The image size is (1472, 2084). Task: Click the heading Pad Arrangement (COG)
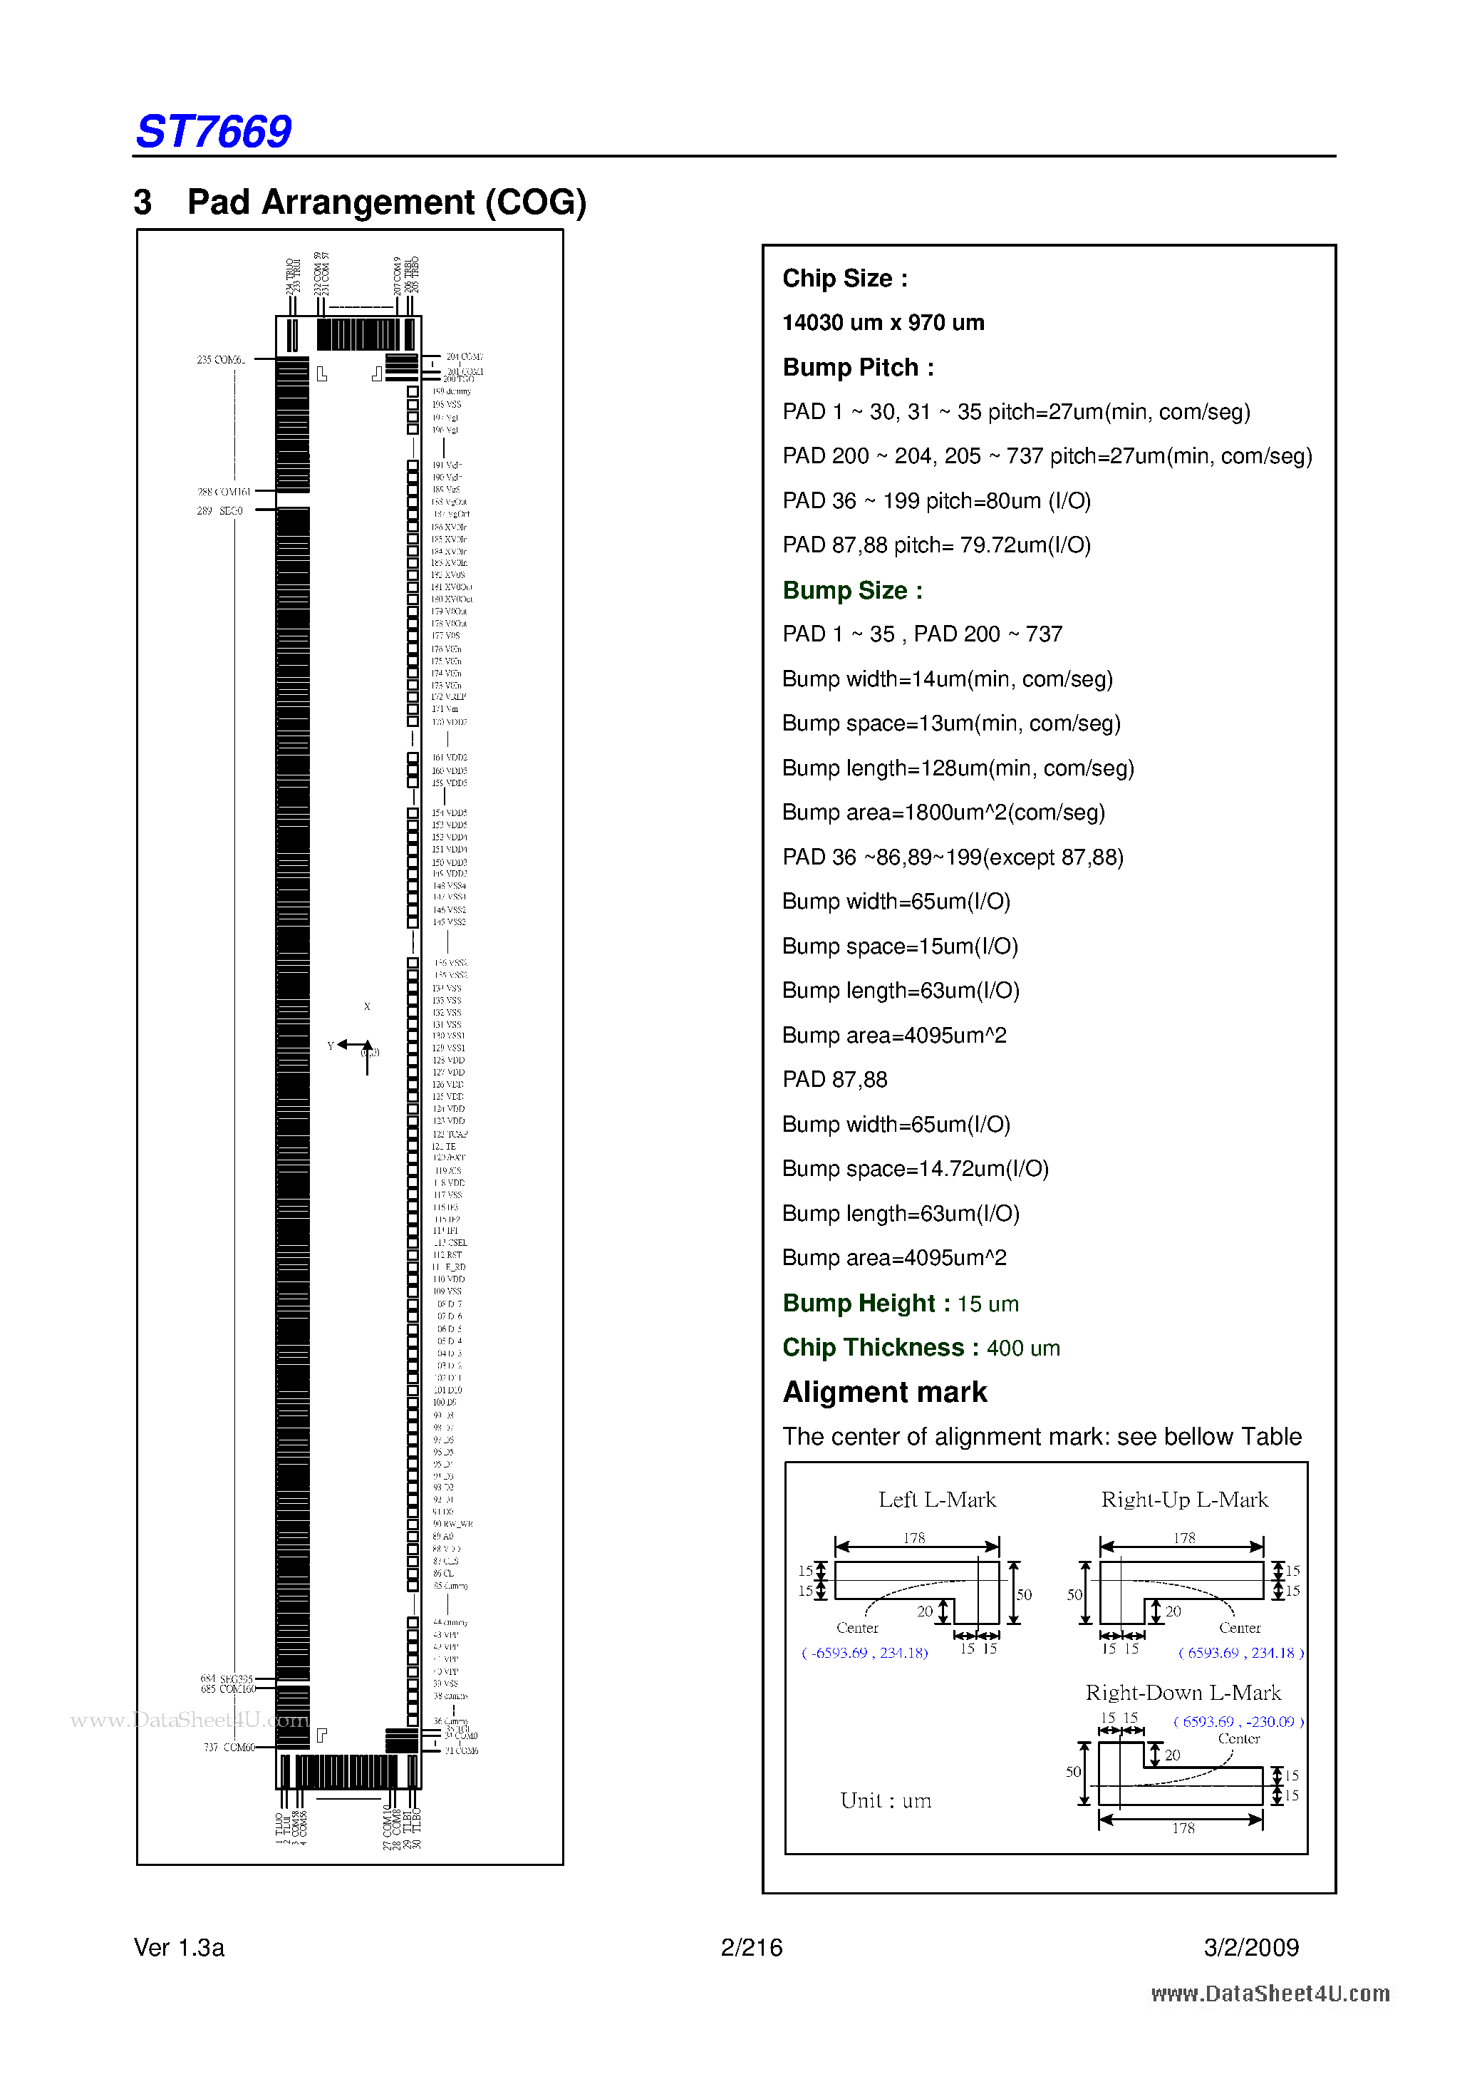tap(387, 202)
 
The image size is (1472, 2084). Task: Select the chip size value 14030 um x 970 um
tap(883, 322)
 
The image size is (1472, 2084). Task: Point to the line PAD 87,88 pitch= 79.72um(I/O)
tap(936, 545)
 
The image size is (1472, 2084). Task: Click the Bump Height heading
tap(866, 1304)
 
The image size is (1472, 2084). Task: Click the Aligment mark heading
tap(885, 1393)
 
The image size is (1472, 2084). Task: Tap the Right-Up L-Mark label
tap(1184, 1500)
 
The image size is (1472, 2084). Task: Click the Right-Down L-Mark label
tap(1183, 1693)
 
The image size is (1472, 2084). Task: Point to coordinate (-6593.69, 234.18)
tap(864, 1653)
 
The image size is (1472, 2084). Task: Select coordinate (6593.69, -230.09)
tap(1238, 1722)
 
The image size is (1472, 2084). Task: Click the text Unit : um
tap(886, 1801)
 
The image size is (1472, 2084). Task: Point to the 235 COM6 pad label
tap(221, 361)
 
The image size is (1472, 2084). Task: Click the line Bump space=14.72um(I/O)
tap(915, 1169)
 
